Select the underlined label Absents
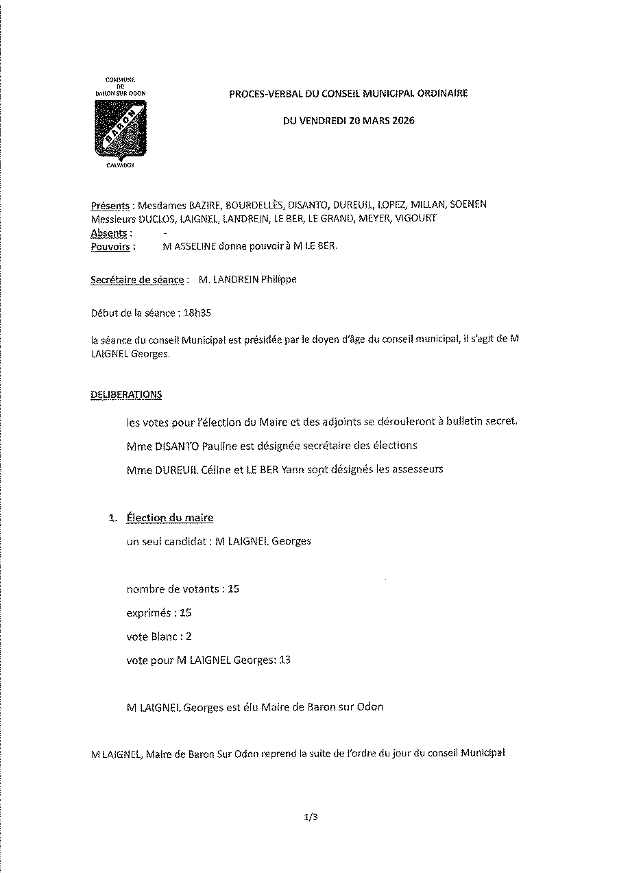pos(109,233)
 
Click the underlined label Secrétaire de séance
pos(137,280)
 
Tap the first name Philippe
pos(280,280)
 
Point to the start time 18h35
pos(199,313)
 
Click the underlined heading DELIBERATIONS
pos(126,395)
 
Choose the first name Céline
pos(213,470)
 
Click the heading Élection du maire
pos(174,518)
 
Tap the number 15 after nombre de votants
pos(233,589)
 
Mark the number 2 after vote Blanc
pos(189,636)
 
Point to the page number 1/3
pos(310,817)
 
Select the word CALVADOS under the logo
pos(119,166)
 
